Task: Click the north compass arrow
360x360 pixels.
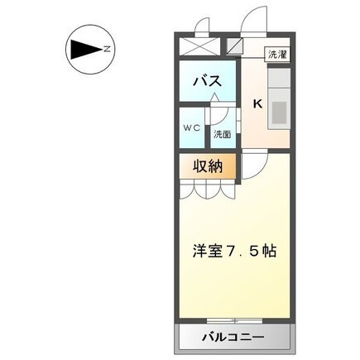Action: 83,49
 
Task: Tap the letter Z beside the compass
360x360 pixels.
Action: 108,49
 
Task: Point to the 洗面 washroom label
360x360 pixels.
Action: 222,133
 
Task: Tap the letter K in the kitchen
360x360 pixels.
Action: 257,104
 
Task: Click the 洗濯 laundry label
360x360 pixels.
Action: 276,55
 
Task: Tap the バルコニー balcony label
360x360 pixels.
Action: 233,338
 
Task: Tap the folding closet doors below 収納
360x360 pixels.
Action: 208,190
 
